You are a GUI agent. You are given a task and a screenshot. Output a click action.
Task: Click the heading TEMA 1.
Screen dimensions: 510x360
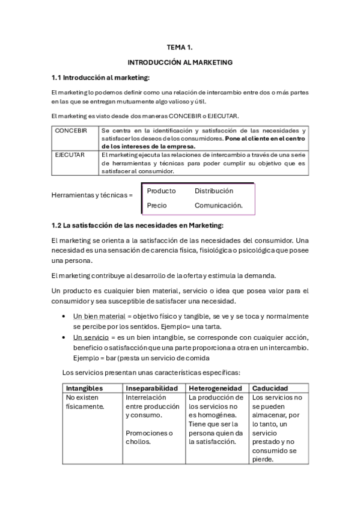[180, 46]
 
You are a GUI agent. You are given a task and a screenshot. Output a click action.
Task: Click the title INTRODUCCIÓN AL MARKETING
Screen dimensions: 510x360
[180, 62]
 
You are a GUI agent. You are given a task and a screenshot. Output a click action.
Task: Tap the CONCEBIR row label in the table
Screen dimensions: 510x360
[72, 131]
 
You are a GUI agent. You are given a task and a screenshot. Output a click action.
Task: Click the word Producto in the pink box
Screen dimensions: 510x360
[161, 191]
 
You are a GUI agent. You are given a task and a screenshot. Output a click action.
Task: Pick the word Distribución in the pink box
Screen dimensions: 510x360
[213, 191]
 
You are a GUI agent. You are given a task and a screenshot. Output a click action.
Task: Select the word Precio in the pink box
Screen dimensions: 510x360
[157, 206]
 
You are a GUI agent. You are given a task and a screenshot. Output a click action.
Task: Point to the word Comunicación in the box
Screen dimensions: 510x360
[218, 206]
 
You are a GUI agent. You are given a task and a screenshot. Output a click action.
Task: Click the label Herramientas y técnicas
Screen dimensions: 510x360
[92, 195]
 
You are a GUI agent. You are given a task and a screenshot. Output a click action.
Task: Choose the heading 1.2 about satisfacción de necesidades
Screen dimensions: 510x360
[137, 226]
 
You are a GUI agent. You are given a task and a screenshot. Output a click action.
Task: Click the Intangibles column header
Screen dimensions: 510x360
[84, 389]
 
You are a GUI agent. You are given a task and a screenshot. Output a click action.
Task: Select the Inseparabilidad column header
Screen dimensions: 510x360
[153, 389]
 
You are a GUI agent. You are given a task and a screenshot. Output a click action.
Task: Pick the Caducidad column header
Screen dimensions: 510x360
[270, 389]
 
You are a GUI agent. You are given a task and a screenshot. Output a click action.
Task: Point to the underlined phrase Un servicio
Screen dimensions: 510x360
[88, 337]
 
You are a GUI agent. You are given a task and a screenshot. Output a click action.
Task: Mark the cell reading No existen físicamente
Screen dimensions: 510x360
[85, 402]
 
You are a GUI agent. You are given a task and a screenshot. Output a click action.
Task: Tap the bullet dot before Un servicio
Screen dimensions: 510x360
[64, 337]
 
